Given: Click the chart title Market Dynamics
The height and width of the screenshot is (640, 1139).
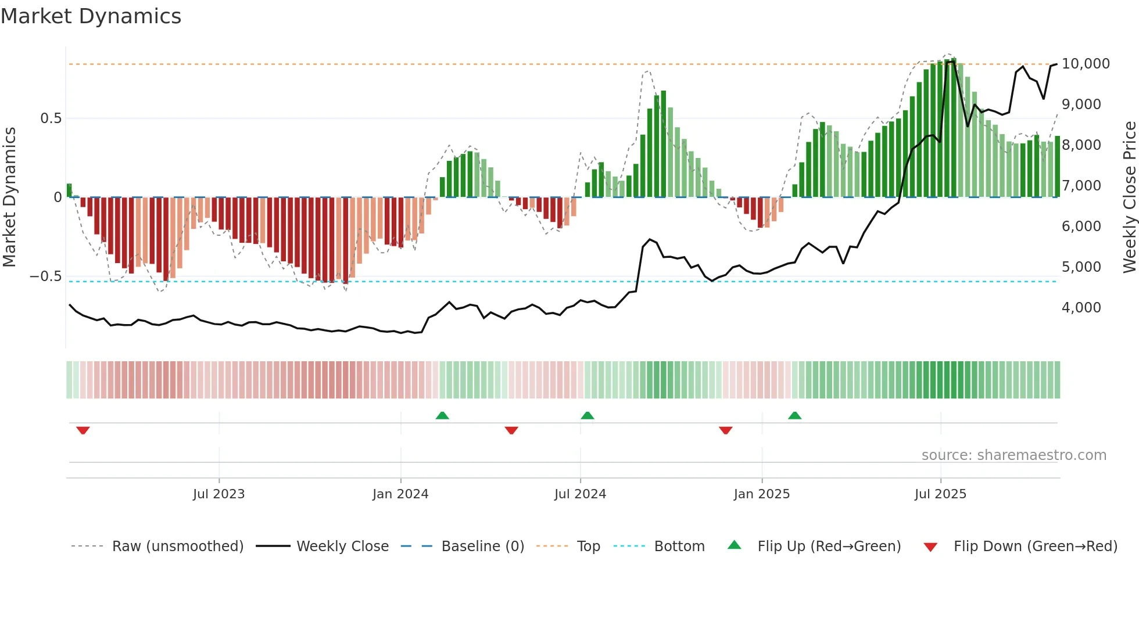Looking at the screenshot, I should [91, 16].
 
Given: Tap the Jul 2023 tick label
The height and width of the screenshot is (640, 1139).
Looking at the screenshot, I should [219, 494].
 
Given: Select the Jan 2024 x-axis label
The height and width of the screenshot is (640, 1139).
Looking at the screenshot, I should [400, 494].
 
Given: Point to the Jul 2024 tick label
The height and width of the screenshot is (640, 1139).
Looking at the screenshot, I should [580, 494].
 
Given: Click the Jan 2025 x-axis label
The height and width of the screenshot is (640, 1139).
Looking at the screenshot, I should [761, 494].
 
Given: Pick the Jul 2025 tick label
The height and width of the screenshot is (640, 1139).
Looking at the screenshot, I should [940, 494].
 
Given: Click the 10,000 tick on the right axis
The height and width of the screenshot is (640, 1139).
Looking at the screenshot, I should [1085, 64].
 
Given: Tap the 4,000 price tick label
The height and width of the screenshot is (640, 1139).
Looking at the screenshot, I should [1081, 308].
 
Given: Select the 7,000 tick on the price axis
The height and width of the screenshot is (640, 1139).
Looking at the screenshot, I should [1081, 186].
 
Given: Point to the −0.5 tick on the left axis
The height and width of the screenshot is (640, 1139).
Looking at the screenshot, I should [45, 276].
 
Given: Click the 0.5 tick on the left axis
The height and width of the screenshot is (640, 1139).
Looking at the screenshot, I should [51, 118].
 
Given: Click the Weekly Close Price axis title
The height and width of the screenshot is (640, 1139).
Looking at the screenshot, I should [1129, 197].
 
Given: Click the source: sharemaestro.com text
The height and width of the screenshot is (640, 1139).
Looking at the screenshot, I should [1013, 455].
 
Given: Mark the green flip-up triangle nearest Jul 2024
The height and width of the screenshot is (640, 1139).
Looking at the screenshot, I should [587, 416].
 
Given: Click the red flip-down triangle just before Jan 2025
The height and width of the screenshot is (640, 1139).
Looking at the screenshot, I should [725, 430].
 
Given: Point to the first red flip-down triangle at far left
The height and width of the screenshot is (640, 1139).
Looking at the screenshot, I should [83, 430].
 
